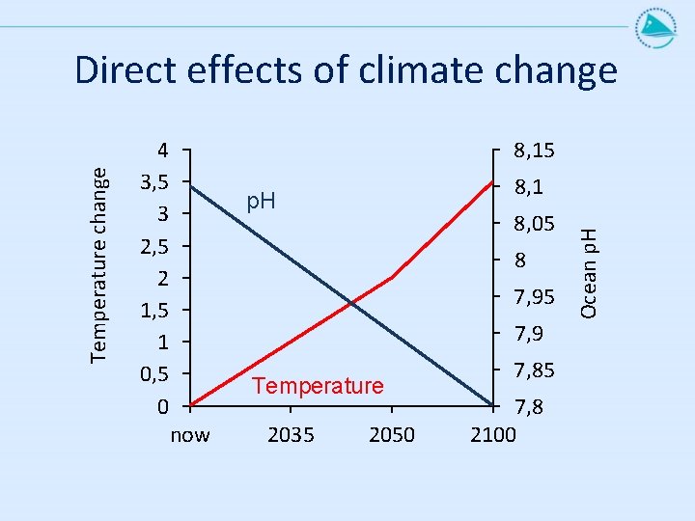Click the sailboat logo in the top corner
[x=656, y=27]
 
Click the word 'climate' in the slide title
[x=420, y=69]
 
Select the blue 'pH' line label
[x=261, y=202]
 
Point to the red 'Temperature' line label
[x=318, y=385]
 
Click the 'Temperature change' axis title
[x=98, y=265]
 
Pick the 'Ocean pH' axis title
[x=589, y=273]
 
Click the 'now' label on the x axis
[x=190, y=435]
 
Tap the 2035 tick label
[x=291, y=435]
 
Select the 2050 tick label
[x=392, y=435]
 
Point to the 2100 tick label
[x=493, y=435]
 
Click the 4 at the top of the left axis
[x=163, y=151]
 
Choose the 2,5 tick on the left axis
[x=154, y=246]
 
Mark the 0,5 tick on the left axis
[x=154, y=374]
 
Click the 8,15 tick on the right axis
[x=534, y=151]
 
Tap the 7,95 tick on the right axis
[x=534, y=297]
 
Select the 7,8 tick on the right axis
[x=528, y=407]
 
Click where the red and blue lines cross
[x=352, y=304]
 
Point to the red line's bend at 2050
[x=392, y=278]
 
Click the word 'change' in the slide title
[x=556, y=71]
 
